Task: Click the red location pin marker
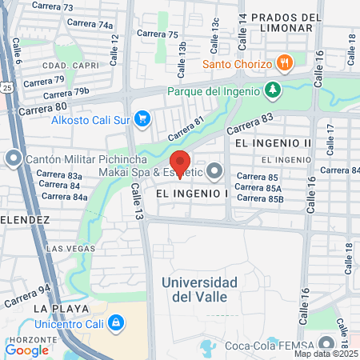click(x=180, y=162)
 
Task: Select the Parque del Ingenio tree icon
click(x=274, y=90)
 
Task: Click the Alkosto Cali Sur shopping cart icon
click(x=142, y=119)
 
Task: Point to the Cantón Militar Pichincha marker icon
click(x=14, y=158)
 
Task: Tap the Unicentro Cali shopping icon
click(x=117, y=322)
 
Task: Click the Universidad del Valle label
click(x=199, y=290)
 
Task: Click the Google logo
click(x=26, y=349)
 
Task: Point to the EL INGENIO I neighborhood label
click(x=193, y=194)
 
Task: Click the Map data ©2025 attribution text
click(x=326, y=354)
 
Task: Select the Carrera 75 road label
click(x=158, y=34)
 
